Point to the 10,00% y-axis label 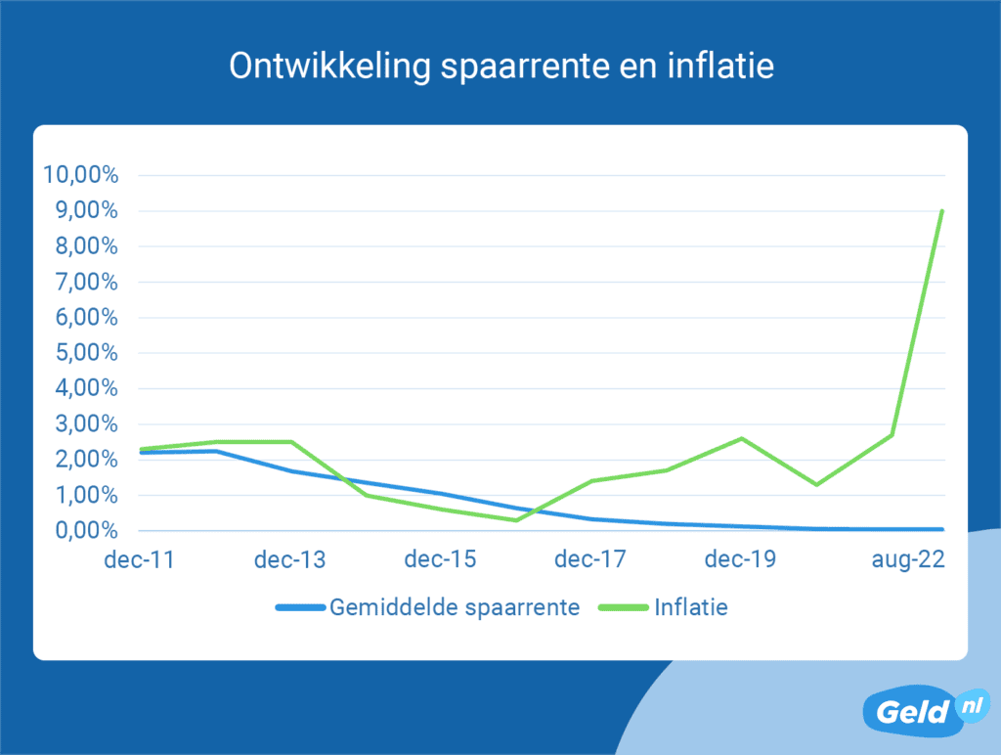coord(81,176)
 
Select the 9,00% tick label coord(85,211)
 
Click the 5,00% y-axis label coord(85,353)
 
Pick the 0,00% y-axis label coord(85,531)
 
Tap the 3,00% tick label coord(85,424)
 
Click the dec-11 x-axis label coord(140,560)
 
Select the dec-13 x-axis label coord(290,560)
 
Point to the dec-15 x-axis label coord(441,560)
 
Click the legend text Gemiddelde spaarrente coord(456,607)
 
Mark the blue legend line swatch coord(299,607)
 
